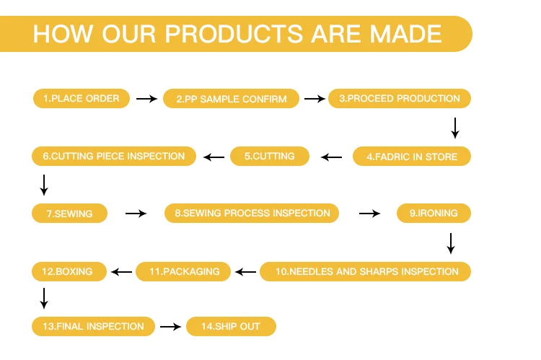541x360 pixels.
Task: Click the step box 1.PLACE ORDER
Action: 81,98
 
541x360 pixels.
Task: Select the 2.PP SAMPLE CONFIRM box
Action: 231,99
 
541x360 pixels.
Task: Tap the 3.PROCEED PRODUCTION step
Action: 399,98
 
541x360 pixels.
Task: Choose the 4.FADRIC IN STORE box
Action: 411,156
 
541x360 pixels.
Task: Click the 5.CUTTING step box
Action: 269,156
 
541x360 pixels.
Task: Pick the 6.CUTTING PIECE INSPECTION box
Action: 114,155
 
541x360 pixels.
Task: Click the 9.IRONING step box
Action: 434,213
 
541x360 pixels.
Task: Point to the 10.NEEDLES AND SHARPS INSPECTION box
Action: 365,271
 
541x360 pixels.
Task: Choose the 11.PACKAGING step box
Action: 183,271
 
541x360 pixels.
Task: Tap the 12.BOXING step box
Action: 69,271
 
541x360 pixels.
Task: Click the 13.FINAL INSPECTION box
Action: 93,326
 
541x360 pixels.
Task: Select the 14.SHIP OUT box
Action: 231,326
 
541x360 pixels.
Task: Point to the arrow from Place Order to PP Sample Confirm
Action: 146,99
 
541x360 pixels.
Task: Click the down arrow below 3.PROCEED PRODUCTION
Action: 454,128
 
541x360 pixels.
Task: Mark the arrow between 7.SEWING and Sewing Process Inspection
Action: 136,214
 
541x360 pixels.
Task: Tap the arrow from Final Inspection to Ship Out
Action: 170,327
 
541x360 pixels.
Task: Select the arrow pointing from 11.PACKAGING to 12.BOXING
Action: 122,272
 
